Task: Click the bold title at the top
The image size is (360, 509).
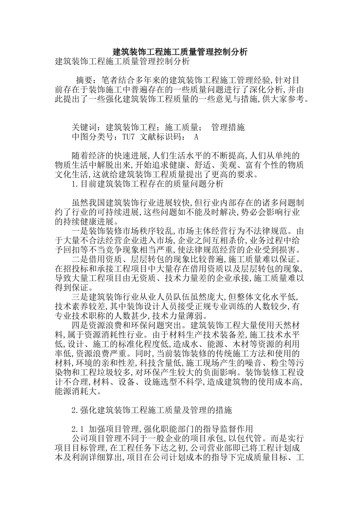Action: click(x=180, y=52)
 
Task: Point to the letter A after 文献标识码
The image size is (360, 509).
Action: click(x=196, y=137)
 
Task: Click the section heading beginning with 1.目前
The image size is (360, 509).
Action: click(x=148, y=184)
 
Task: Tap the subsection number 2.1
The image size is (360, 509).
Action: click(x=77, y=429)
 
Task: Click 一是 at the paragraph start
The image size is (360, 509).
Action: click(x=80, y=231)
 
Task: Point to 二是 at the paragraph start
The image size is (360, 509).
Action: click(x=80, y=259)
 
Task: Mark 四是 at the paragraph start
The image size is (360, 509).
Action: click(x=80, y=326)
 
